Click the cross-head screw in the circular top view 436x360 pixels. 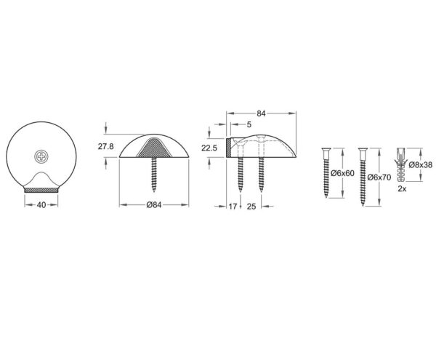[41, 156]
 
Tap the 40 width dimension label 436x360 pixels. [41, 205]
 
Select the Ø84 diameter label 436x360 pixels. [154, 205]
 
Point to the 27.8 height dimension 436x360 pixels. [105, 146]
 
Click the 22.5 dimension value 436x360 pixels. [209, 148]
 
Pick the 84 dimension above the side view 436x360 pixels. [261, 113]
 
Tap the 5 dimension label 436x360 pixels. [249, 124]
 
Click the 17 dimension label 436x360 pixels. [233, 206]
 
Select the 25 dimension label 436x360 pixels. [251, 207]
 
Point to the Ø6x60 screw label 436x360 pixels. [342, 173]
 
